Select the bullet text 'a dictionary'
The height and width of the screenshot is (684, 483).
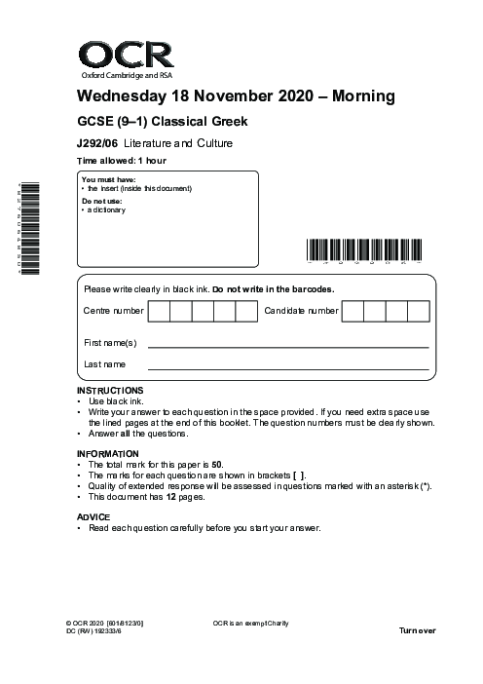[107, 209]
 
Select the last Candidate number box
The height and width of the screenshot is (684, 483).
[418, 312]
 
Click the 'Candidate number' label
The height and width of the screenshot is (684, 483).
[301, 312]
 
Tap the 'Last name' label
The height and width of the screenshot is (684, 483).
[105, 364]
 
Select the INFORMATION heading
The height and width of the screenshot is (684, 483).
[107, 454]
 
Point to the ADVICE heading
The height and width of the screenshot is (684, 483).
[93, 516]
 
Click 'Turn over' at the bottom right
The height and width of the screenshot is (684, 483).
[418, 630]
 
